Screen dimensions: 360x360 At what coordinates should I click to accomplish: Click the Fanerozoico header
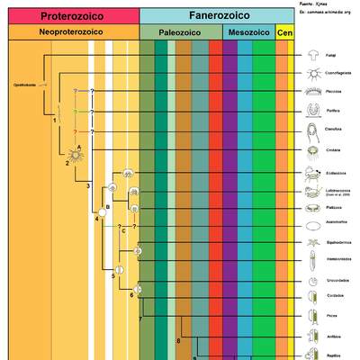pos(217,15)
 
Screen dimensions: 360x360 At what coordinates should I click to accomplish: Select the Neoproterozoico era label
pos(71,32)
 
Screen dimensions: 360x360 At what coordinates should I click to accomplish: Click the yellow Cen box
pos(284,32)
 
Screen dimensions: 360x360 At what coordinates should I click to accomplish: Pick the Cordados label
pos(334,296)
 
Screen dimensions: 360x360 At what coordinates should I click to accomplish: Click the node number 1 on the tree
pos(55,120)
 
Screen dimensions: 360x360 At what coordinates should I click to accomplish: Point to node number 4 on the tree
pos(96,219)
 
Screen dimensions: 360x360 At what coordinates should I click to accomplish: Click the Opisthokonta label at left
pos(23,85)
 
